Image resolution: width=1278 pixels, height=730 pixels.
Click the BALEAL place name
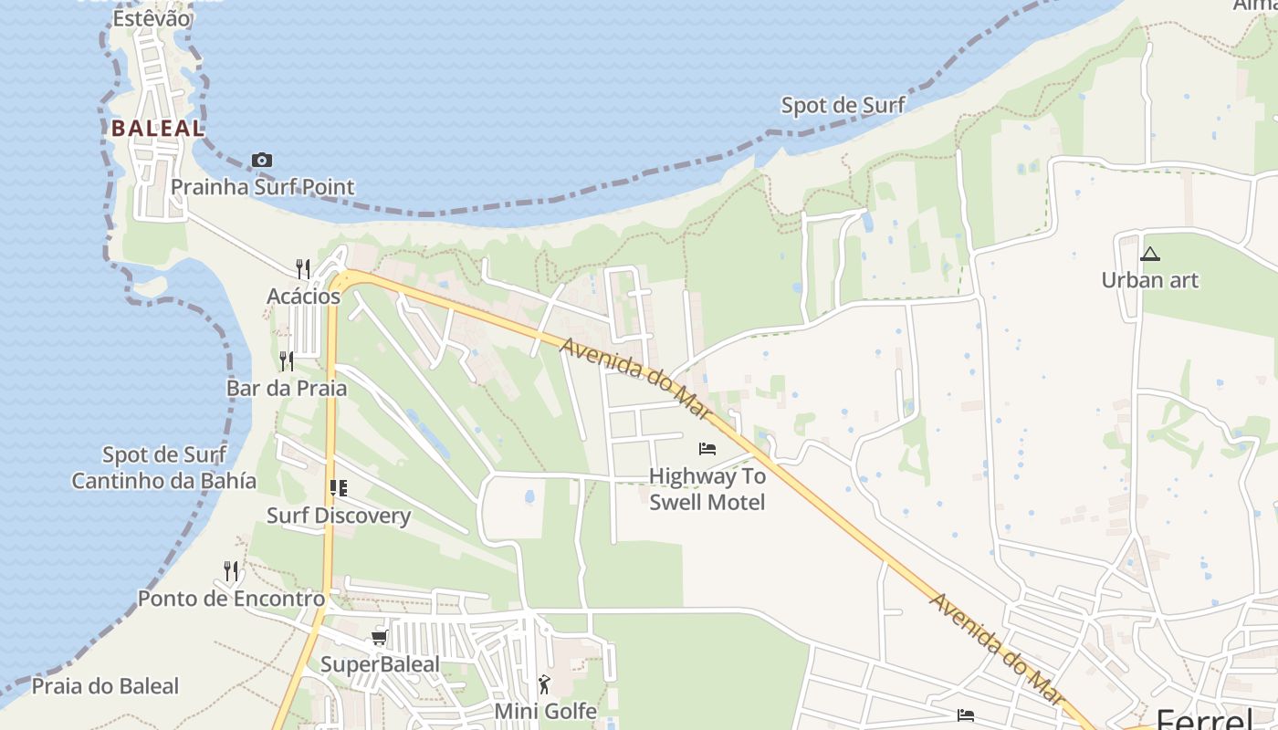click(x=158, y=129)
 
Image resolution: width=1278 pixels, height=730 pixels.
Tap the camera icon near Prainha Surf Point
click(x=262, y=161)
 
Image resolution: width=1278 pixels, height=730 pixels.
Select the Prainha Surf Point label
click(x=263, y=188)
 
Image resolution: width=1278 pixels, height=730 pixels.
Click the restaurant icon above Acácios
click(x=303, y=268)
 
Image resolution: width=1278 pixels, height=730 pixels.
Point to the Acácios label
click(x=303, y=297)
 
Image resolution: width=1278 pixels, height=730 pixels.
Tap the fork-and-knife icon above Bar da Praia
click(x=287, y=361)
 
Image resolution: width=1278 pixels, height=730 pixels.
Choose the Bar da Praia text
click(x=287, y=388)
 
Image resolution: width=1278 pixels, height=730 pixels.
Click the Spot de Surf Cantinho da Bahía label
click(x=164, y=467)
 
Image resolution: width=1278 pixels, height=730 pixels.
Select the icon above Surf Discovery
click(x=339, y=488)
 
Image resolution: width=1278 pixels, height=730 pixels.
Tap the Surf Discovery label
click(x=339, y=516)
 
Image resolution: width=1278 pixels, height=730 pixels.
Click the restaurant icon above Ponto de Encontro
click(x=232, y=571)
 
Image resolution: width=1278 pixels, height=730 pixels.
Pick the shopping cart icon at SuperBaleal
click(x=379, y=638)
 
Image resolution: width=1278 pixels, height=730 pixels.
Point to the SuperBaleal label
click(x=380, y=664)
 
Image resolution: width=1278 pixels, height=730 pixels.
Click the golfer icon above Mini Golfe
click(x=545, y=684)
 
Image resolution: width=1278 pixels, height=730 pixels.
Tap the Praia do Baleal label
click(x=106, y=686)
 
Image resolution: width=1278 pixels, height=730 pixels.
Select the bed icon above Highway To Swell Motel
click(x=707, y=448)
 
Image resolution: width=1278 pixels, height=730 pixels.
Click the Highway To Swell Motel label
click(x=707, y=489)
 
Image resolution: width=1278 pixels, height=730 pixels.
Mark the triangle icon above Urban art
click(x=1149, y=254)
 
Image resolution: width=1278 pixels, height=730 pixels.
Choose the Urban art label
click(x=1149, y=280)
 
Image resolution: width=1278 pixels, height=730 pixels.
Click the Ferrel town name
click(x=1204, y=717)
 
